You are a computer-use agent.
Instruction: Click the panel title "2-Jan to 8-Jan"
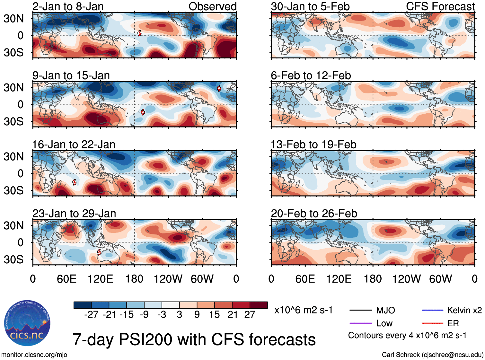(68, 6)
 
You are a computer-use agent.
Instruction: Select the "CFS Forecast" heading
(440, 6)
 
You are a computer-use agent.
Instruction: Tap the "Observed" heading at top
(212, 6)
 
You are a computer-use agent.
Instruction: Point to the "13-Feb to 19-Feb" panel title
(313, 145)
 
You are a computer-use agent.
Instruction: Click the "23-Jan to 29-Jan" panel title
(74, 214)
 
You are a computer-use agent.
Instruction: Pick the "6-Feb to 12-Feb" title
(311, 75)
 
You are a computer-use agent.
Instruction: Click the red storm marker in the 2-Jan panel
(139, 33)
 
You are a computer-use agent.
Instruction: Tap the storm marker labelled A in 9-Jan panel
(219, 89)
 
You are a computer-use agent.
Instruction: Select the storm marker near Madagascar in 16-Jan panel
(74, 182)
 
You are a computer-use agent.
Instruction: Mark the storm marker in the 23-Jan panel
(99, 252)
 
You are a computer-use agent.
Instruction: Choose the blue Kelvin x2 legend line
(432, 310)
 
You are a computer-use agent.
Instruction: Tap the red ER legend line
(432, 323)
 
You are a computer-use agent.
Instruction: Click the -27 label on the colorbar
(91, 315)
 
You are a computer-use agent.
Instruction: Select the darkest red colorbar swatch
(259, 305)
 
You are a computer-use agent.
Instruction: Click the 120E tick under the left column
(101, 279)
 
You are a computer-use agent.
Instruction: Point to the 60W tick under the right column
(440, 279)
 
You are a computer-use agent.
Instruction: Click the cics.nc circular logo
(27, 323)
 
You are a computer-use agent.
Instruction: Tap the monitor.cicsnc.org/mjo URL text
(34, 355)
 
